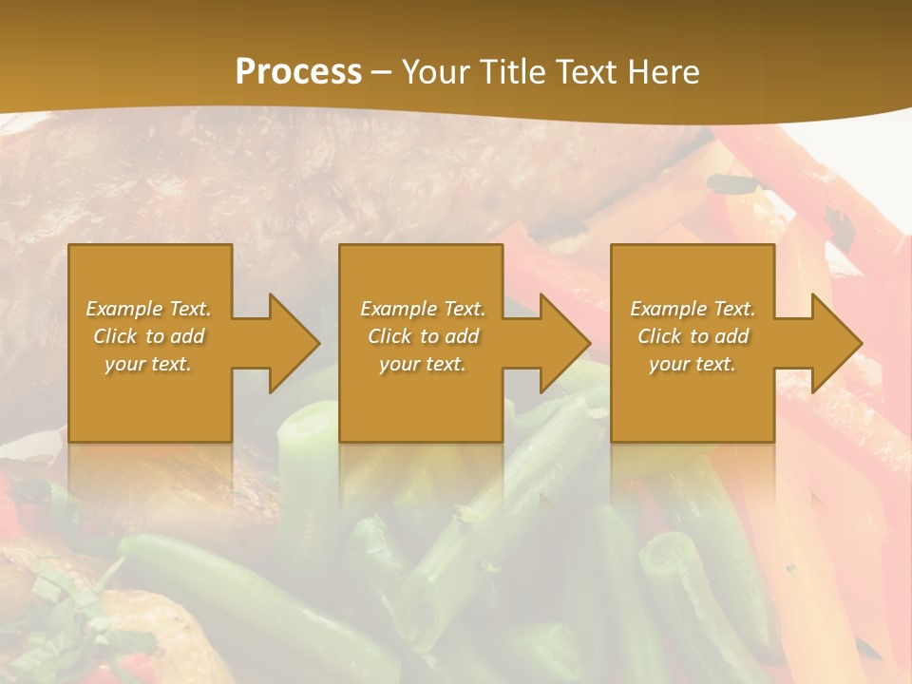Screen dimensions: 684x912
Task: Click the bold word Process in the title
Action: click(298, 72)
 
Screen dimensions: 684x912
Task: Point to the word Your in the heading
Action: click(433, 72)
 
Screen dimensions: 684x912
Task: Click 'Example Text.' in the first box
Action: click(148, 309)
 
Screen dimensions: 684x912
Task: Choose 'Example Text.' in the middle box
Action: click(422, 309)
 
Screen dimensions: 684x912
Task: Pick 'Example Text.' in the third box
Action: click(693, 309)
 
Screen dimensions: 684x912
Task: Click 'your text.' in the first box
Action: click(148, 364)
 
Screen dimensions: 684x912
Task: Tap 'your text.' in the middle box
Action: click(422, 364)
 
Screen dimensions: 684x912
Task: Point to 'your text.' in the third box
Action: click(693, 364)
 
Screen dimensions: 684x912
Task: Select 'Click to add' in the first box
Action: click(148, 336)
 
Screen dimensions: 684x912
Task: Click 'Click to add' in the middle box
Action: click(422, 336)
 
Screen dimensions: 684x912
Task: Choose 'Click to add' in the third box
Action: click(693, 336)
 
